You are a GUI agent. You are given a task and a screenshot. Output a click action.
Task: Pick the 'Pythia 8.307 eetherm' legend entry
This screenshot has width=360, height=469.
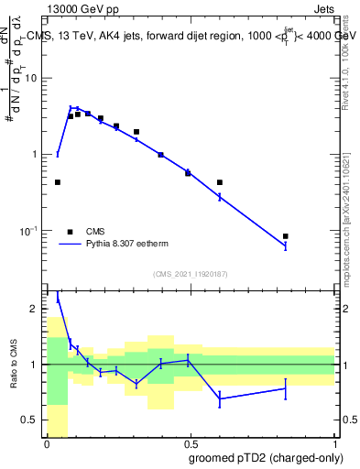pos(119,245)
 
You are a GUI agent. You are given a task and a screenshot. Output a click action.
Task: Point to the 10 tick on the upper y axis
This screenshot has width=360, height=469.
pos(34,78)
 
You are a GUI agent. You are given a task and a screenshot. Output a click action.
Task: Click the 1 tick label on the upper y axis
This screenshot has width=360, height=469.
pos(37,154)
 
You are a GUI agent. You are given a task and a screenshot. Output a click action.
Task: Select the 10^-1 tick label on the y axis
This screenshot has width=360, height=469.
pos(31,230)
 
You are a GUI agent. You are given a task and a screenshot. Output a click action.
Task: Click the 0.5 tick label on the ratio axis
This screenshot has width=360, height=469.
pos(33,420)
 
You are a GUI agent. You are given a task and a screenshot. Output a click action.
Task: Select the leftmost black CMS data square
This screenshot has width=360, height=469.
pos(58,182)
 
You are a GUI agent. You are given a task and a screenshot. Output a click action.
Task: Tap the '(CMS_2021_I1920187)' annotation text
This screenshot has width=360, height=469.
pos(191,273)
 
